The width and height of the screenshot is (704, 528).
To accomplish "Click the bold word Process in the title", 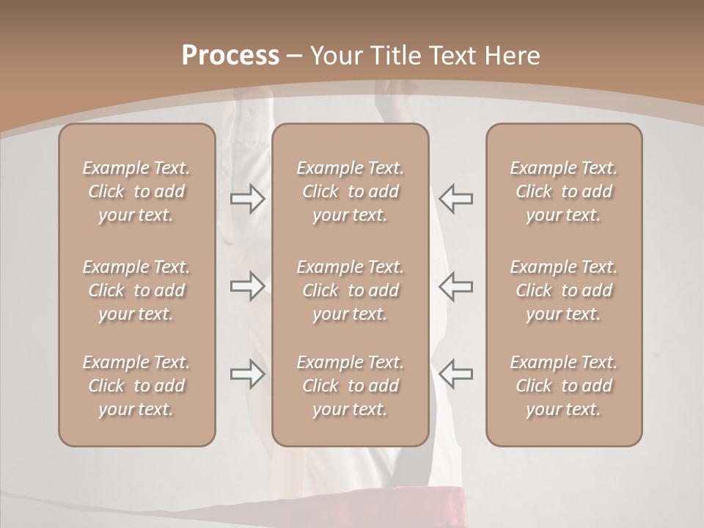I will click(x=230, y=56).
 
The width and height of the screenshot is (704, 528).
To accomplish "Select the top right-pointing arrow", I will click(x=248, y=199).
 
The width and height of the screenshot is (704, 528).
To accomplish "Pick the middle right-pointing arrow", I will click(x=248, y=286).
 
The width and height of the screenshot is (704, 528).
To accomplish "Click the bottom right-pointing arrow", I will click(x=248, y=374).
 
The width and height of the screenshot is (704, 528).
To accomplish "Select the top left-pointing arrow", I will click(x=455, y=199).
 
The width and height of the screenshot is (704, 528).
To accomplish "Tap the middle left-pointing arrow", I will click(x=455, y=286).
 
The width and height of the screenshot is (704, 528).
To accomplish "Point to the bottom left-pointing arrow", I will click(x=455, y=374).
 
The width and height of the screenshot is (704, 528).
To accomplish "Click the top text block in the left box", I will click(x=136, y=191).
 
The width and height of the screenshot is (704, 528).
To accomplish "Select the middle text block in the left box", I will click(x=136, y=290).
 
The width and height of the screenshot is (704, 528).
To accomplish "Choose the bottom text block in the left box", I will click(x=136, y=386).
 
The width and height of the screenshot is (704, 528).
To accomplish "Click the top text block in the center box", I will click(x=350, y=191).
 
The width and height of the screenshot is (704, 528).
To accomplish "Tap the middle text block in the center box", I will click(x=350, y=290).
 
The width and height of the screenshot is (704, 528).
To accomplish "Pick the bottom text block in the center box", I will click(x=350, y=386).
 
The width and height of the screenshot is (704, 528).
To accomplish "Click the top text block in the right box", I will click(x=564, y=191).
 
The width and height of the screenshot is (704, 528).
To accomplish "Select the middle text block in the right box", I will click(x=564, y=290).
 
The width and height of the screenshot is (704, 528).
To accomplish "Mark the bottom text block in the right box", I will click(x=564, y=386).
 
